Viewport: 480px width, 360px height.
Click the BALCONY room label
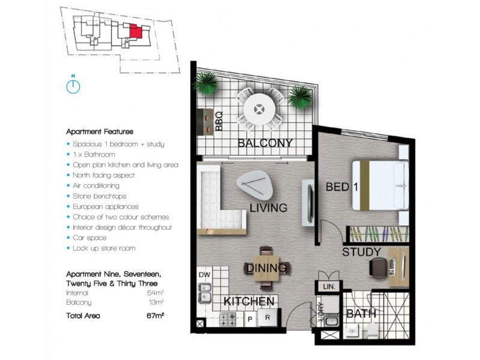click(265, 143)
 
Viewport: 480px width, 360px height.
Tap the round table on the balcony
click(259, 110)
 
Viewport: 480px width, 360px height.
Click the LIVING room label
click(268, 208)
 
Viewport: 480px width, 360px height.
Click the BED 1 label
click(341, 187)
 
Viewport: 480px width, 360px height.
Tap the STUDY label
click(361, 252)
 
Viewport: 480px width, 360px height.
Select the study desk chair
click(379, 266)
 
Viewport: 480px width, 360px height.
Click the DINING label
click(268, 269)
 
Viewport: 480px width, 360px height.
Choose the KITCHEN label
click(249, 301)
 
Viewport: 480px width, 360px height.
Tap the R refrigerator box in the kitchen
click(268, 317)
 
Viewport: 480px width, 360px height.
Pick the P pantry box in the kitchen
click(250, 317)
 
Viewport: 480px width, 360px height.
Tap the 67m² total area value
click(154, 316)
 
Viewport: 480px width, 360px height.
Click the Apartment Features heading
click(100, 131)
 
